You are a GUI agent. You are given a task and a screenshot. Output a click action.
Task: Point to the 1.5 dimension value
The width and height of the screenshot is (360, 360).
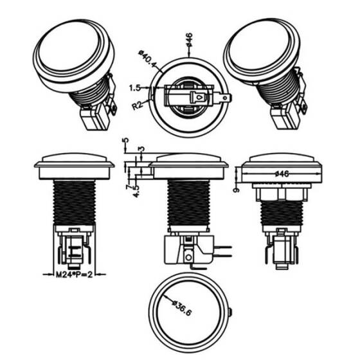pyautogui.click(x=135, y=87)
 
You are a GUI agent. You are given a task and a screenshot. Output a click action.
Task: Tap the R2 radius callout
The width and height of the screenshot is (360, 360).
pyautogui.click(x=137, y=105)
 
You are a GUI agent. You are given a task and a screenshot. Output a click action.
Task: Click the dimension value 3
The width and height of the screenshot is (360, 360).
pyautogui.click(x=141, y=149)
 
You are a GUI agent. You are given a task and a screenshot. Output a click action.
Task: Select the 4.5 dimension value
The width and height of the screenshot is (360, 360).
pyautogui.click(x=136, y=190)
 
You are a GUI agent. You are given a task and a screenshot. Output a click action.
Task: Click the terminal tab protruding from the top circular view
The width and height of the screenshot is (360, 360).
pyautogui.click(x=224, y=98)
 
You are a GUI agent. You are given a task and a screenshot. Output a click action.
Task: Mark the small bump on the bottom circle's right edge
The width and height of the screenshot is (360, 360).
pyautogui.click(x=230, y=312)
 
